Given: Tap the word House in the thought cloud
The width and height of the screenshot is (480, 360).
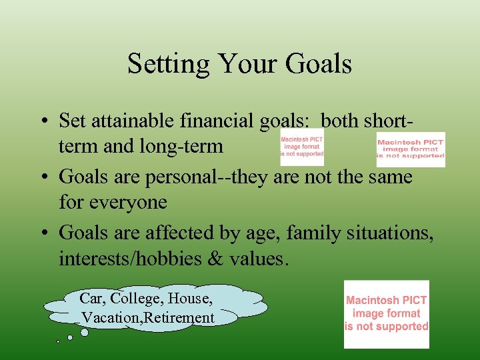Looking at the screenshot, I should [x=191, y=298].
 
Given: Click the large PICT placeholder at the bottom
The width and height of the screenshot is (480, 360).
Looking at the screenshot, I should [x=386, y=314].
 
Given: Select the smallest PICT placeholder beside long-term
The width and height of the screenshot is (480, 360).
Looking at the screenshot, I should [x=301, y=147].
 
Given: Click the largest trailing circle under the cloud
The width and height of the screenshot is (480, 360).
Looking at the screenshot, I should [x=84, y=332].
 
